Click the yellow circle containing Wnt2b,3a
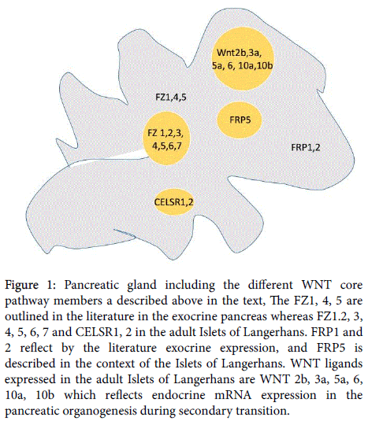click(243, 59)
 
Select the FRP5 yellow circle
click(240, 120)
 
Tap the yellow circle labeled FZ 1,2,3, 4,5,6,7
click(166, 138)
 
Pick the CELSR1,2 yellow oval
click(174, 202)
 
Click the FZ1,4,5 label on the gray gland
click(171, 98)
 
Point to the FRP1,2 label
click(306, 147)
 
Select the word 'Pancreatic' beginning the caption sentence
click(91, 285)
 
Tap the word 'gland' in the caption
click(142, 286)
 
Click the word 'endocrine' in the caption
click(178, 395)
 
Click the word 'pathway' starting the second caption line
click(28, 301)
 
